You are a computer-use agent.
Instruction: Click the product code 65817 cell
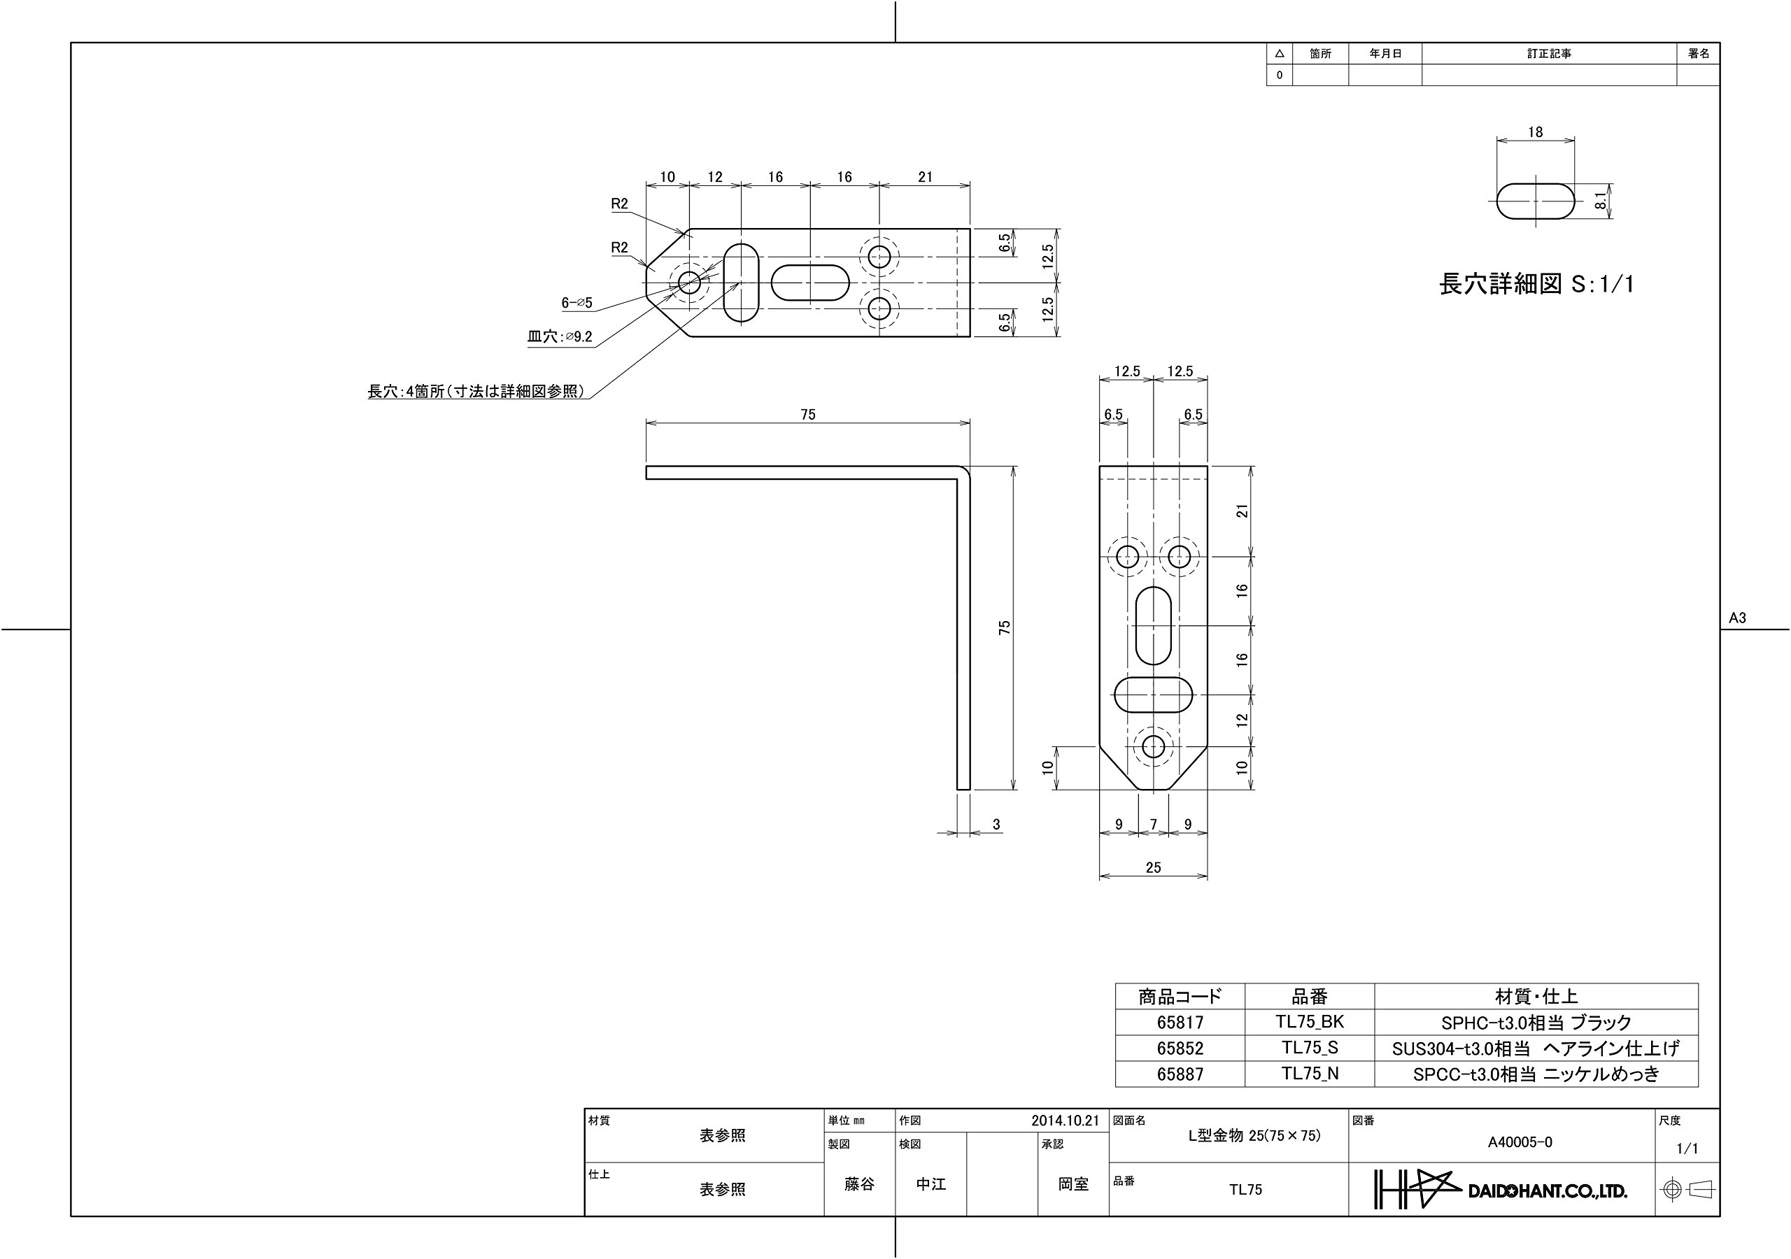(x=1180, y=1022)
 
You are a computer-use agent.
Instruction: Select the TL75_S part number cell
(x=1310, y=1048)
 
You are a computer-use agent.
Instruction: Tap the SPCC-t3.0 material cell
(x=1536, y=1074)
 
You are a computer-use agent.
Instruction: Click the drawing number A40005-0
(x=1520, y=1143)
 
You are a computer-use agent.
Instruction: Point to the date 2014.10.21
(x=1065, y=1121)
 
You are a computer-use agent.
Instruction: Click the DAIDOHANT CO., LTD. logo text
(x=1548, y=1191)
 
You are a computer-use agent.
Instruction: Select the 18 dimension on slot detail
(x=1535, y=133)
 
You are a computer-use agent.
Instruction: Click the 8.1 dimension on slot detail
(x=1601, y=201)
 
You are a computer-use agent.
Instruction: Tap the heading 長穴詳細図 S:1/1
(x=1536, y=284)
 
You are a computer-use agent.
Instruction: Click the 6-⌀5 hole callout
(x=577, y=303)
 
